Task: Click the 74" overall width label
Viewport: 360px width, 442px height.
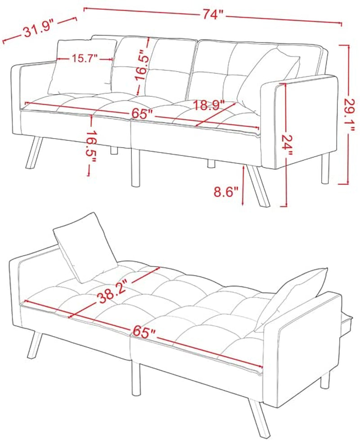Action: (x=213, y=14)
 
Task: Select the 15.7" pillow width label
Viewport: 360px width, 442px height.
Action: (x=85, y=59)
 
